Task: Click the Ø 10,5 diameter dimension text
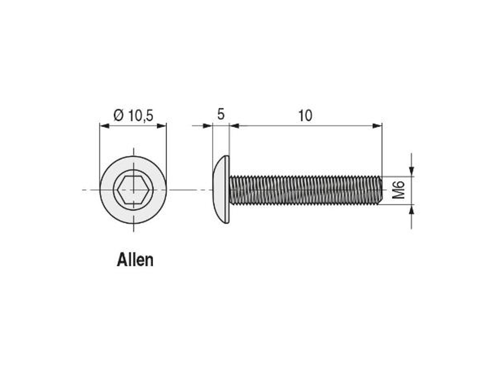click(x=133, y=116)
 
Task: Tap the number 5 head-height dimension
click(x=221, y=115)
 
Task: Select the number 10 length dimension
click(x=305, y=116)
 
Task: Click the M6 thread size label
click(x=399, y=190)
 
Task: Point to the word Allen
click(x=135, y=260)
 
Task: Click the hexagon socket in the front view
click(x=133, y=190)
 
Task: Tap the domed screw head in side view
click(x=221, y=190)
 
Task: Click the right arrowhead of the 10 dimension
click(x=377, y=126)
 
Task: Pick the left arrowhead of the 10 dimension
click(x=235, y=126)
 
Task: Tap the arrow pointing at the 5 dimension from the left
click(x=208, y=126)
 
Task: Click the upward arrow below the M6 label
click(x=412, y=211)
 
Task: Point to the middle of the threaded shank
click(x=305, y=190)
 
